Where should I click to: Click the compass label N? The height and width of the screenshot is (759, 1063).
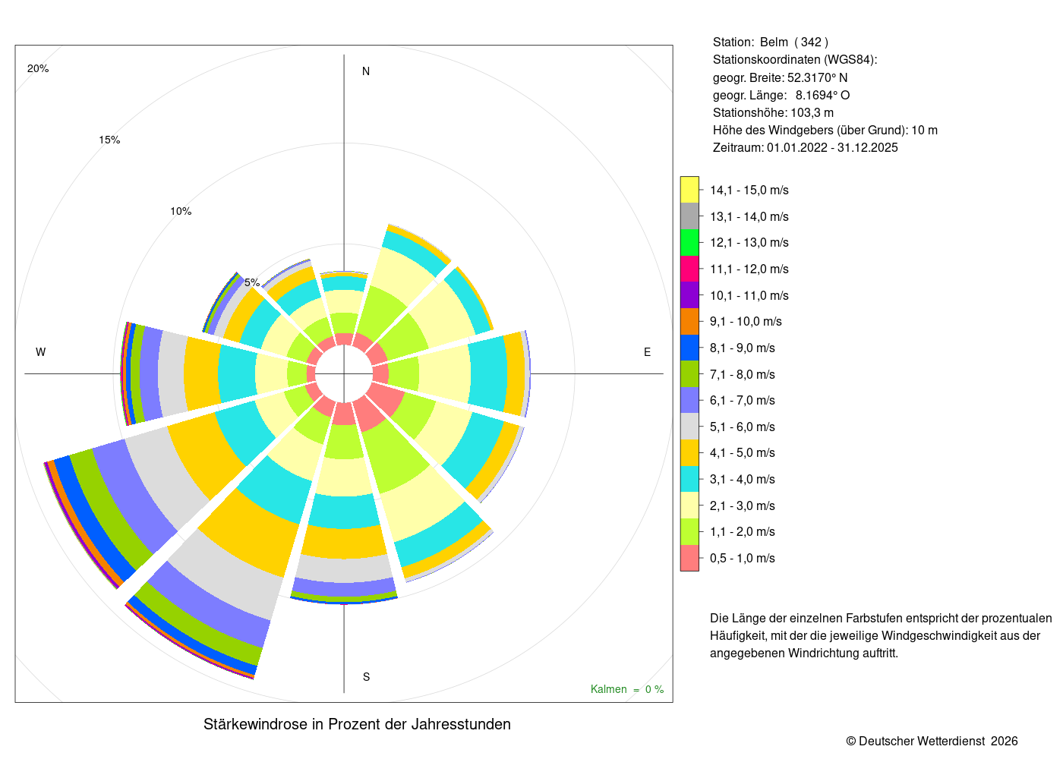366,71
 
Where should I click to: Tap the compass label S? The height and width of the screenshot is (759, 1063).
366,677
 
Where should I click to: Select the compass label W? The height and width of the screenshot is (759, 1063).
41,352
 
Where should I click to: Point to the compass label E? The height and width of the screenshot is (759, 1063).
647,352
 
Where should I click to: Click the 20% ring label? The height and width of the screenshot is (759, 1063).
38,68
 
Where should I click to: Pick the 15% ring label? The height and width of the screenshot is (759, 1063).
109,140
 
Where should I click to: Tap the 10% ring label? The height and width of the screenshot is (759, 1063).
181,211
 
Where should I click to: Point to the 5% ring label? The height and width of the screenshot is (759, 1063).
252,282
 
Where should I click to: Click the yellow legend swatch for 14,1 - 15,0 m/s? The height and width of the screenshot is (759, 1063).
689,190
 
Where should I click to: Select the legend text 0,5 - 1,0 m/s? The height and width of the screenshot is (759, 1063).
743,558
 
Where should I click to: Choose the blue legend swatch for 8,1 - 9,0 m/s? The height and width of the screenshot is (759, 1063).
689,348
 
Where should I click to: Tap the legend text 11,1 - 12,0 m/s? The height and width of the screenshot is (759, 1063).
749,269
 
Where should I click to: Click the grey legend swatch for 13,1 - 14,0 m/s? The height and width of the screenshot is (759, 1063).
689,216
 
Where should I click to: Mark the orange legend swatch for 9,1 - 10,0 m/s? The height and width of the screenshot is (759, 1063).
689,322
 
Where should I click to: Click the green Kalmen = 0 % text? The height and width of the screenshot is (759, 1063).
627,689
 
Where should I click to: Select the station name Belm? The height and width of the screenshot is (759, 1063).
774,43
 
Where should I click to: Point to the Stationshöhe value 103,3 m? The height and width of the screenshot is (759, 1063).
812,112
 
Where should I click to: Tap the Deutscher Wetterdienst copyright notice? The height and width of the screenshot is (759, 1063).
932,742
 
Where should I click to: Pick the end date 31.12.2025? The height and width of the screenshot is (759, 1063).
867,147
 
